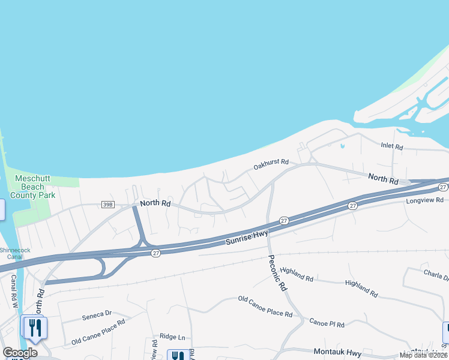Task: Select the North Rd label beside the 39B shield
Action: pos(155,203)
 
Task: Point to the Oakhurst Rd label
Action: pos(271,163)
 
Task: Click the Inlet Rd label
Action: pos(391,146)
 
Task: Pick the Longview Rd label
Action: pos(424,200)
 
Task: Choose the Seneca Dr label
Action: pos(97,313)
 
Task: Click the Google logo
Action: pos(20,352)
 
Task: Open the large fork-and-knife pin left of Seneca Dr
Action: pos(35,328)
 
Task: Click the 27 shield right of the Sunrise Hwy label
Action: pos(285,221)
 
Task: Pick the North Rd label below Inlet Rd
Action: pos(383,179)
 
